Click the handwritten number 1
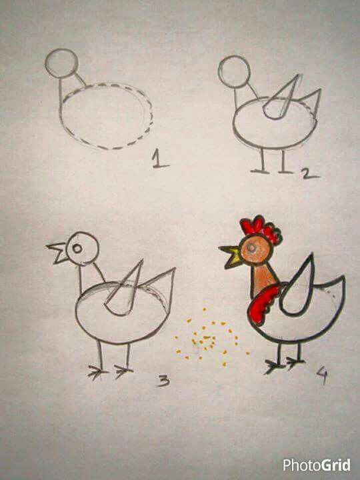(160, 159)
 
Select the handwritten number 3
(164, 381)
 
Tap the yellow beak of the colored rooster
(233, 256)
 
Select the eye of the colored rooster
(251, 247)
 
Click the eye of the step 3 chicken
(77, 248)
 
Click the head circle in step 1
(61, 63)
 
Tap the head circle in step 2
(234, 71)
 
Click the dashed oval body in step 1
(107, 116)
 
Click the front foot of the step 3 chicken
(97, 373)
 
